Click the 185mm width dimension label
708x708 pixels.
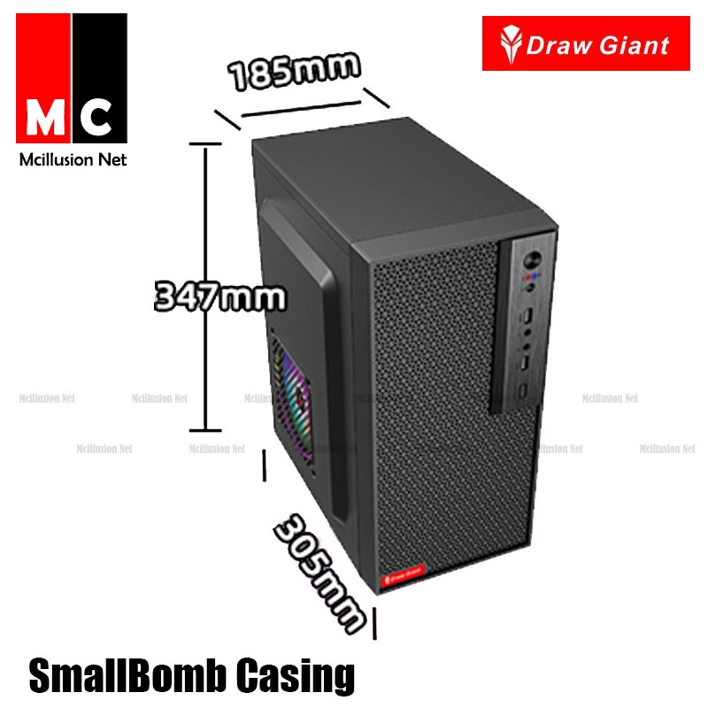click(296, 70)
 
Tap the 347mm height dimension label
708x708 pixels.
click(220, 296)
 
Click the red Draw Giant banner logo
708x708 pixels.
click(585, 43)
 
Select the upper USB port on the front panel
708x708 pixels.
click(528, 315)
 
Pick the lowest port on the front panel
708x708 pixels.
click(524, 390)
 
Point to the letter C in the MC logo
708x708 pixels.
click(98, 118)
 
